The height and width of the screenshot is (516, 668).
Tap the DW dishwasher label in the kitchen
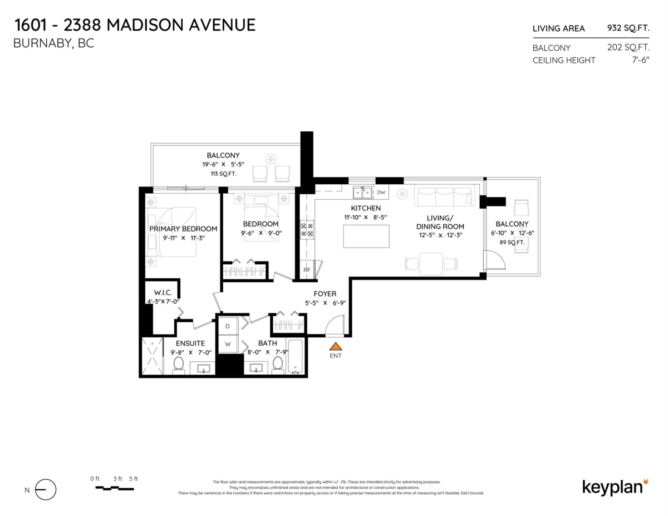pyautogui.click(x=381, y=193)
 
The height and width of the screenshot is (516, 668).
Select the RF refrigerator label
pyautogui.click(x=307, y=270)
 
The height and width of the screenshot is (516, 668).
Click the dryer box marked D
pyautogui.click(x=228, y=326)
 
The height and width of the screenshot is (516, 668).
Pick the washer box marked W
pyautogui.click(x=228, y=344)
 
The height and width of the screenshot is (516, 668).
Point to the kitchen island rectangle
pyautogui.click(x=366, y=236)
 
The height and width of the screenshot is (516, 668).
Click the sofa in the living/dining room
pyautogui.click(x=444, y=196)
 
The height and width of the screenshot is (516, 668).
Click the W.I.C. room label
pyautogui.click(x=163, y=293)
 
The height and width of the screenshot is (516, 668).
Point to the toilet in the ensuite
pyautogui.click(x=179, y=365)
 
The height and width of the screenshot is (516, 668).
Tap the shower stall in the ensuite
pyautogui.click(x=152, y=356)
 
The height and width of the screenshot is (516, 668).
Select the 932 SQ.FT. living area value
pyautogui.click(x=628, y=28)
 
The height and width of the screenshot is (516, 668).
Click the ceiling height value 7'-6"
pyautogui.click(x=639, y=60)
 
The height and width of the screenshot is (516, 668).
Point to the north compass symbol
pyautogui.click(x=46, y=490)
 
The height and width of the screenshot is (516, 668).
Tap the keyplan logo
pyautogui.click(x=615, y=486)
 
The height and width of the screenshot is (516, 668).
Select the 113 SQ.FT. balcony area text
pyautogui.click(x=223, y=174)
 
